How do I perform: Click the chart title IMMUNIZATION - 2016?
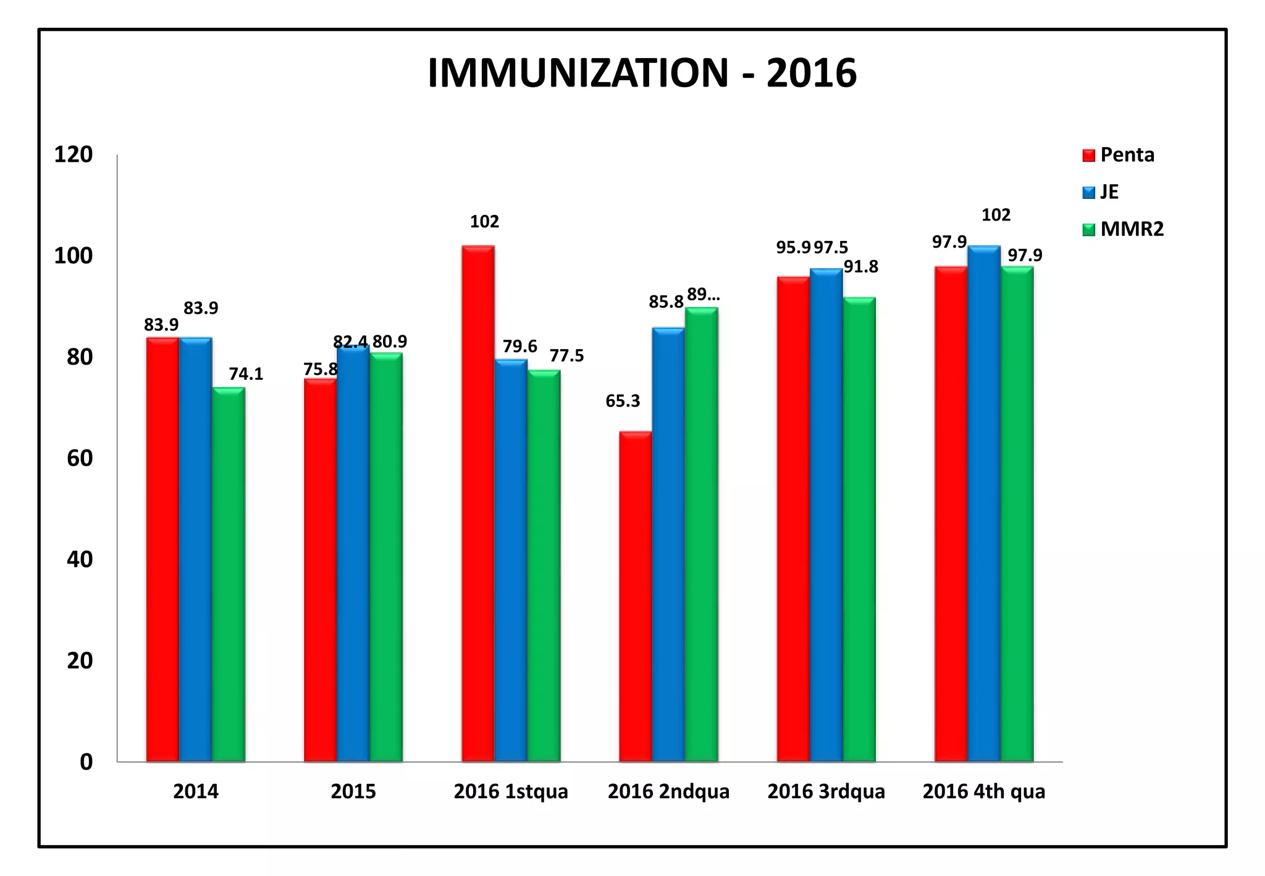pyautogui.click(x=642, y=74)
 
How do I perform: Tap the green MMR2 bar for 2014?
pyautogui.click(x=229, y=575)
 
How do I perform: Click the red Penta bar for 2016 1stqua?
pyautogui.click(x=478, y=503)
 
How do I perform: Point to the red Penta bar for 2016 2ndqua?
pyautogui.click(x=636, y=596)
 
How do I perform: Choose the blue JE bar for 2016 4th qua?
pyautogui.click(x=984, y=503)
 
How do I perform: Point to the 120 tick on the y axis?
pyautogui.click(x=74, y=154)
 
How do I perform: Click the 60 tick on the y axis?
pyautogui.click(x=79, y=458)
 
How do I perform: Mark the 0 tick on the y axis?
pyautogui.click(x=86, y=762)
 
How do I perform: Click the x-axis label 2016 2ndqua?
pyautogui.click(x=668, y=791)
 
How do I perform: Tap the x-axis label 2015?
pyautogui.click(x=353, y=791)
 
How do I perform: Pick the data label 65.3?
pyautogui.click(x=623, y=402)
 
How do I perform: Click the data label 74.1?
pyautogui.click(x=246, y=374)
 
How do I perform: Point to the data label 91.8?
pyautogui.click(x=861, y=267)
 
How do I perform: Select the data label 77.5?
pyautogui.click(x=566, y=356)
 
